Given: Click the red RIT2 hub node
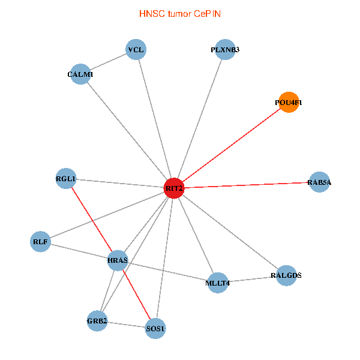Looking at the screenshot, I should (174, 188).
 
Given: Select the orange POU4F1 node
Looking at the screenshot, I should (289, 103).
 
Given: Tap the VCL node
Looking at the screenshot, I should (136, 50).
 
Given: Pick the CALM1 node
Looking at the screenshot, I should (80, 74).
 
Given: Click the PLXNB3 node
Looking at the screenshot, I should (225, 50).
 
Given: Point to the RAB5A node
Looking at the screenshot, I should (319, 182).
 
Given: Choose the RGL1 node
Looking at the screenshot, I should (66, 179).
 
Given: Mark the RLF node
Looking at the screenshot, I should (40, 242).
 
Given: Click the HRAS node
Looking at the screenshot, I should (118, 260).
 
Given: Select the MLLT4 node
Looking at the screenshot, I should (217, 283).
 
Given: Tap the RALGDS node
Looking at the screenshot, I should (286, 275).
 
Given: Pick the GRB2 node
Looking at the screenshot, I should (97, 321).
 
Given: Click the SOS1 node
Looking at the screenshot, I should (155, 328).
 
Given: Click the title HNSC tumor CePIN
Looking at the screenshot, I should (179, 13).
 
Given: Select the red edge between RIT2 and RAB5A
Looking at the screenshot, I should (246, 185).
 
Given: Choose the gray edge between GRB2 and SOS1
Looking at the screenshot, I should (126, 325).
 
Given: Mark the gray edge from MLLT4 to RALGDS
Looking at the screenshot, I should (252, 279).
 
